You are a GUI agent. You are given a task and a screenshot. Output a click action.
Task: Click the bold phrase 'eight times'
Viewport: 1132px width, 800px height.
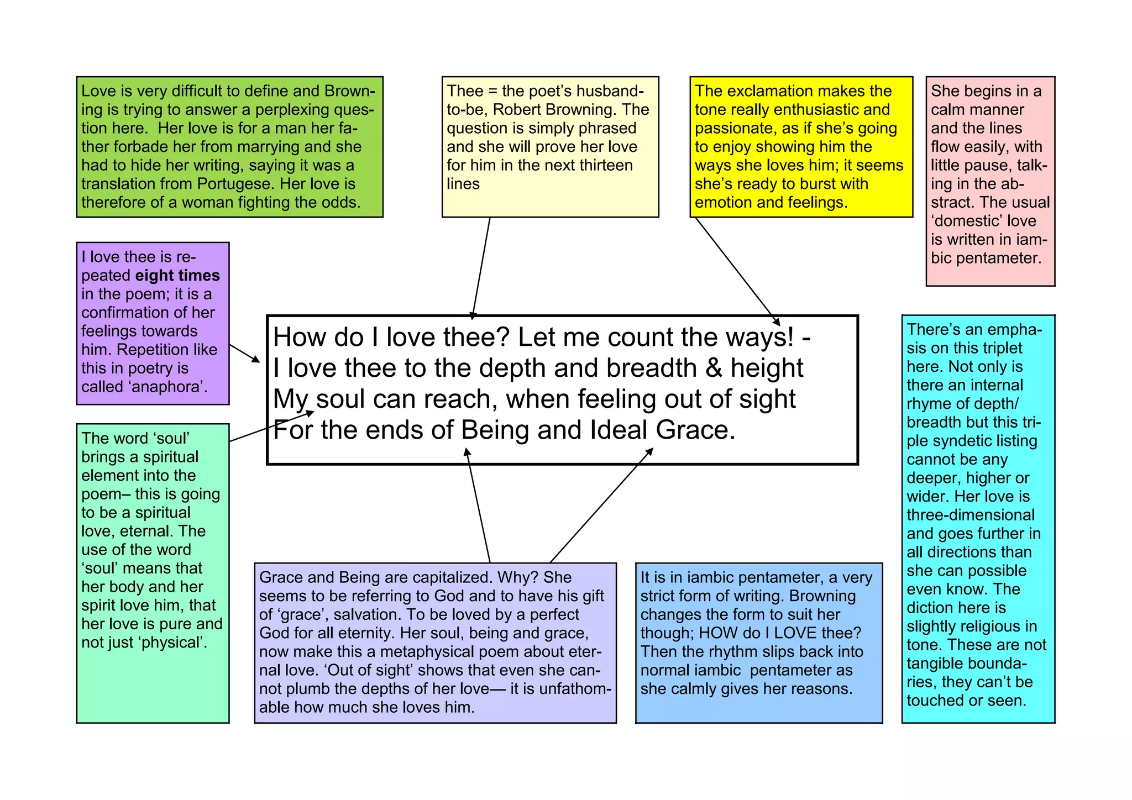pos(177,276)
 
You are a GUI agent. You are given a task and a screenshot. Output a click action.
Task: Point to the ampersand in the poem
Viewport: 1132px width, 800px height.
pos(714,368)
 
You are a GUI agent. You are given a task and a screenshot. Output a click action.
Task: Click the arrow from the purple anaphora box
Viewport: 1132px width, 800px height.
pos(244,353)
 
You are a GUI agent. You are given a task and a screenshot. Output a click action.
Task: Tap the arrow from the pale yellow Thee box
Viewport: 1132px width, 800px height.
pos(481,268)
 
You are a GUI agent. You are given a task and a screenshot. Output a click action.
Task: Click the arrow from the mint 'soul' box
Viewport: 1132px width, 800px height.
pos(271,426)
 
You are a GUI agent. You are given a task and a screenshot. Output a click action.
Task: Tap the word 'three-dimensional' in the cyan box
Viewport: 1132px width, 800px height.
pos(971,515)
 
